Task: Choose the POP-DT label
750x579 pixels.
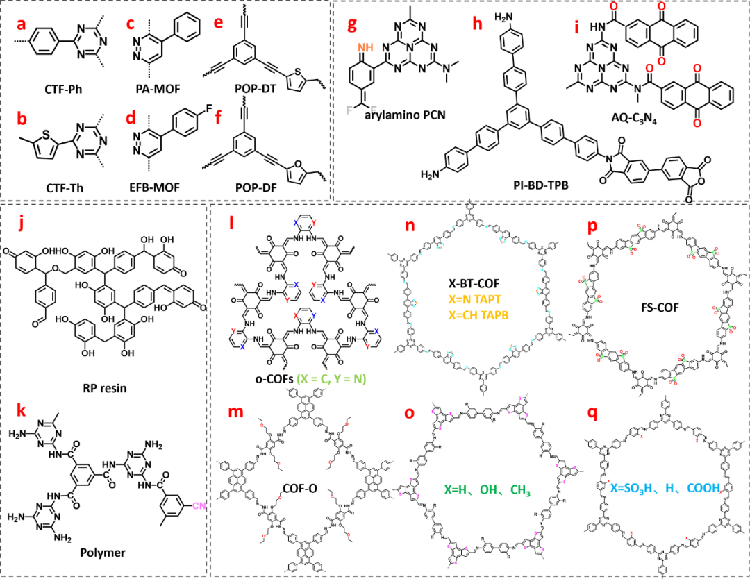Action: point(251,88)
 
